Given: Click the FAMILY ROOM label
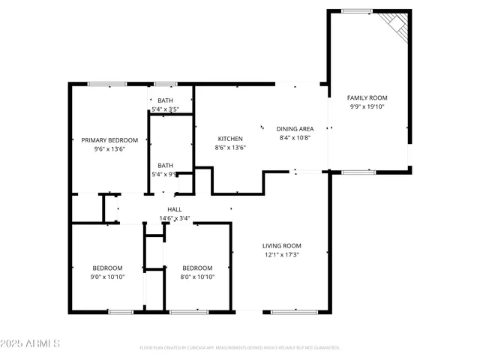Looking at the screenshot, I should pyautogui.click(x=367, y=97).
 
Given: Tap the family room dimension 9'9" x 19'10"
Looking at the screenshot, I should pyautogui.click(x=367, y=107).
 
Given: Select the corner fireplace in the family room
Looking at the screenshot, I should pyautogui.click(x=397, y=26).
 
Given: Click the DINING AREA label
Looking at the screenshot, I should pyautogui.click(x=295, y=128).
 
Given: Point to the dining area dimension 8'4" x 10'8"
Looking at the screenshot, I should pyautogui.click(x=295, y=137).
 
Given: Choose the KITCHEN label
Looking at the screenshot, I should pyautogui.click(x=230, y=139).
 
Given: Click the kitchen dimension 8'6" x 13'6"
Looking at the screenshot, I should pyautogui.click(x=230, y=148).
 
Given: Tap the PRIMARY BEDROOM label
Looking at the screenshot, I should pyautogui.click(x=109, y=140).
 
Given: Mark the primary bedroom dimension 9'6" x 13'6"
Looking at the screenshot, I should pyautogui.click(x=109, y=149).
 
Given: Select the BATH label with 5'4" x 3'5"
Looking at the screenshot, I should pyautogui.click(x=164, y=100).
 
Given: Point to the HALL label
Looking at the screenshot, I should pyautogui.click(x=174, y=209).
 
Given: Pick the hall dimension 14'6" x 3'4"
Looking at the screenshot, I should pyautogui.click(x=174, y=218).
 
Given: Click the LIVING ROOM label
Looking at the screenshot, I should pyautogui.click(x=281, y=245).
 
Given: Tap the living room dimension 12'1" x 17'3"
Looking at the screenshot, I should pyautogui.click(x=281, y=255).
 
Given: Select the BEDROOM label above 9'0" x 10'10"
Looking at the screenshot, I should pyautogui.click(x=108, y=268).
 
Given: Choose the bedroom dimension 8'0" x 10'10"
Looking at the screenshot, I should pyautogui.click(x=197, y=277).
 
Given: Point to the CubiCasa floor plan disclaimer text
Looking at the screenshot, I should pyautogui.click(x=240, y=348).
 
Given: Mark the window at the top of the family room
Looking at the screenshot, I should pyautogui.click(x=356, y=10).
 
